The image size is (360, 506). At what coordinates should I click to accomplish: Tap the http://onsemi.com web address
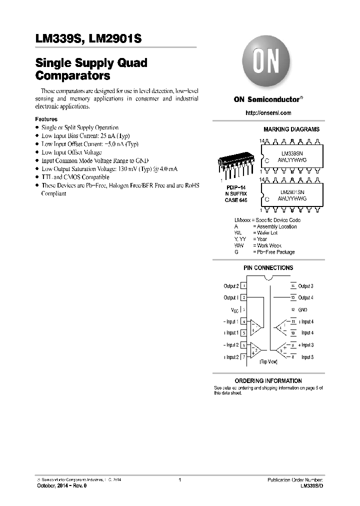[268, 113]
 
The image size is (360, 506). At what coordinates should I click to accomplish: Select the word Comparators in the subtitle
[72, 76]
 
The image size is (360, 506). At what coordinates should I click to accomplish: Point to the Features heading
[46, 119]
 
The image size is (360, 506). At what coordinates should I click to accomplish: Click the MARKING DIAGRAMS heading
[291, 129]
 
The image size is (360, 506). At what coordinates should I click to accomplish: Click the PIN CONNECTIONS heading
[268, 268]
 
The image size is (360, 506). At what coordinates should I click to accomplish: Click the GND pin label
[303, 310]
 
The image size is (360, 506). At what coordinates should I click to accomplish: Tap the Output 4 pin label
[305, 298]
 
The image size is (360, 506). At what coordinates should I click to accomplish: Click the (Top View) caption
[268, 361]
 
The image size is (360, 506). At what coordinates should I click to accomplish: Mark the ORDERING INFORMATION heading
[268, 381]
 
